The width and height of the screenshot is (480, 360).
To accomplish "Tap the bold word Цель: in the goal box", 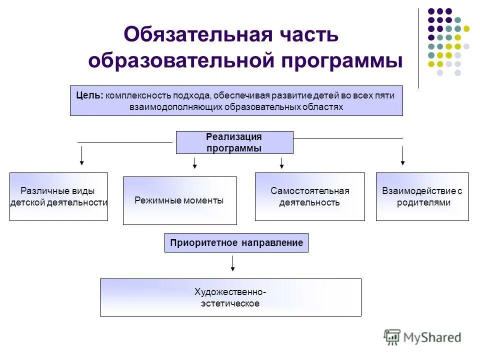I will click(89, 95).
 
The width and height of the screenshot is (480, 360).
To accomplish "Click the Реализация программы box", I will click(234, 142).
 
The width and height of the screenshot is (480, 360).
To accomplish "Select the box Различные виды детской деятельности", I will click(58, 196).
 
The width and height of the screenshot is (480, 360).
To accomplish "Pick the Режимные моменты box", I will click(179, 200).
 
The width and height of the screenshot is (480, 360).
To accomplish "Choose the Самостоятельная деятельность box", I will click(309, 196).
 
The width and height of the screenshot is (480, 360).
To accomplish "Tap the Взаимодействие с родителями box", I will click(422, 196).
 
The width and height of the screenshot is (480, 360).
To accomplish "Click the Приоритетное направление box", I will click(236, 243).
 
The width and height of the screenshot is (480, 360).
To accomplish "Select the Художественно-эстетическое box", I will click(230, 297).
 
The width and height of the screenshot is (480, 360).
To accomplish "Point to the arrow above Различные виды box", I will click(82, 156).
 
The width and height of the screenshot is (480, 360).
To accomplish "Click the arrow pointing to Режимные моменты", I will click(195, 162).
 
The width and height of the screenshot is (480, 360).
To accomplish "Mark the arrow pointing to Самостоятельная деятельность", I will click(282, 162).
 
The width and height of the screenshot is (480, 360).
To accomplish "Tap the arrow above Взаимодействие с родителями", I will click(402, 156).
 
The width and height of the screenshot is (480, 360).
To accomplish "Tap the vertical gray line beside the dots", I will click(418, 48).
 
